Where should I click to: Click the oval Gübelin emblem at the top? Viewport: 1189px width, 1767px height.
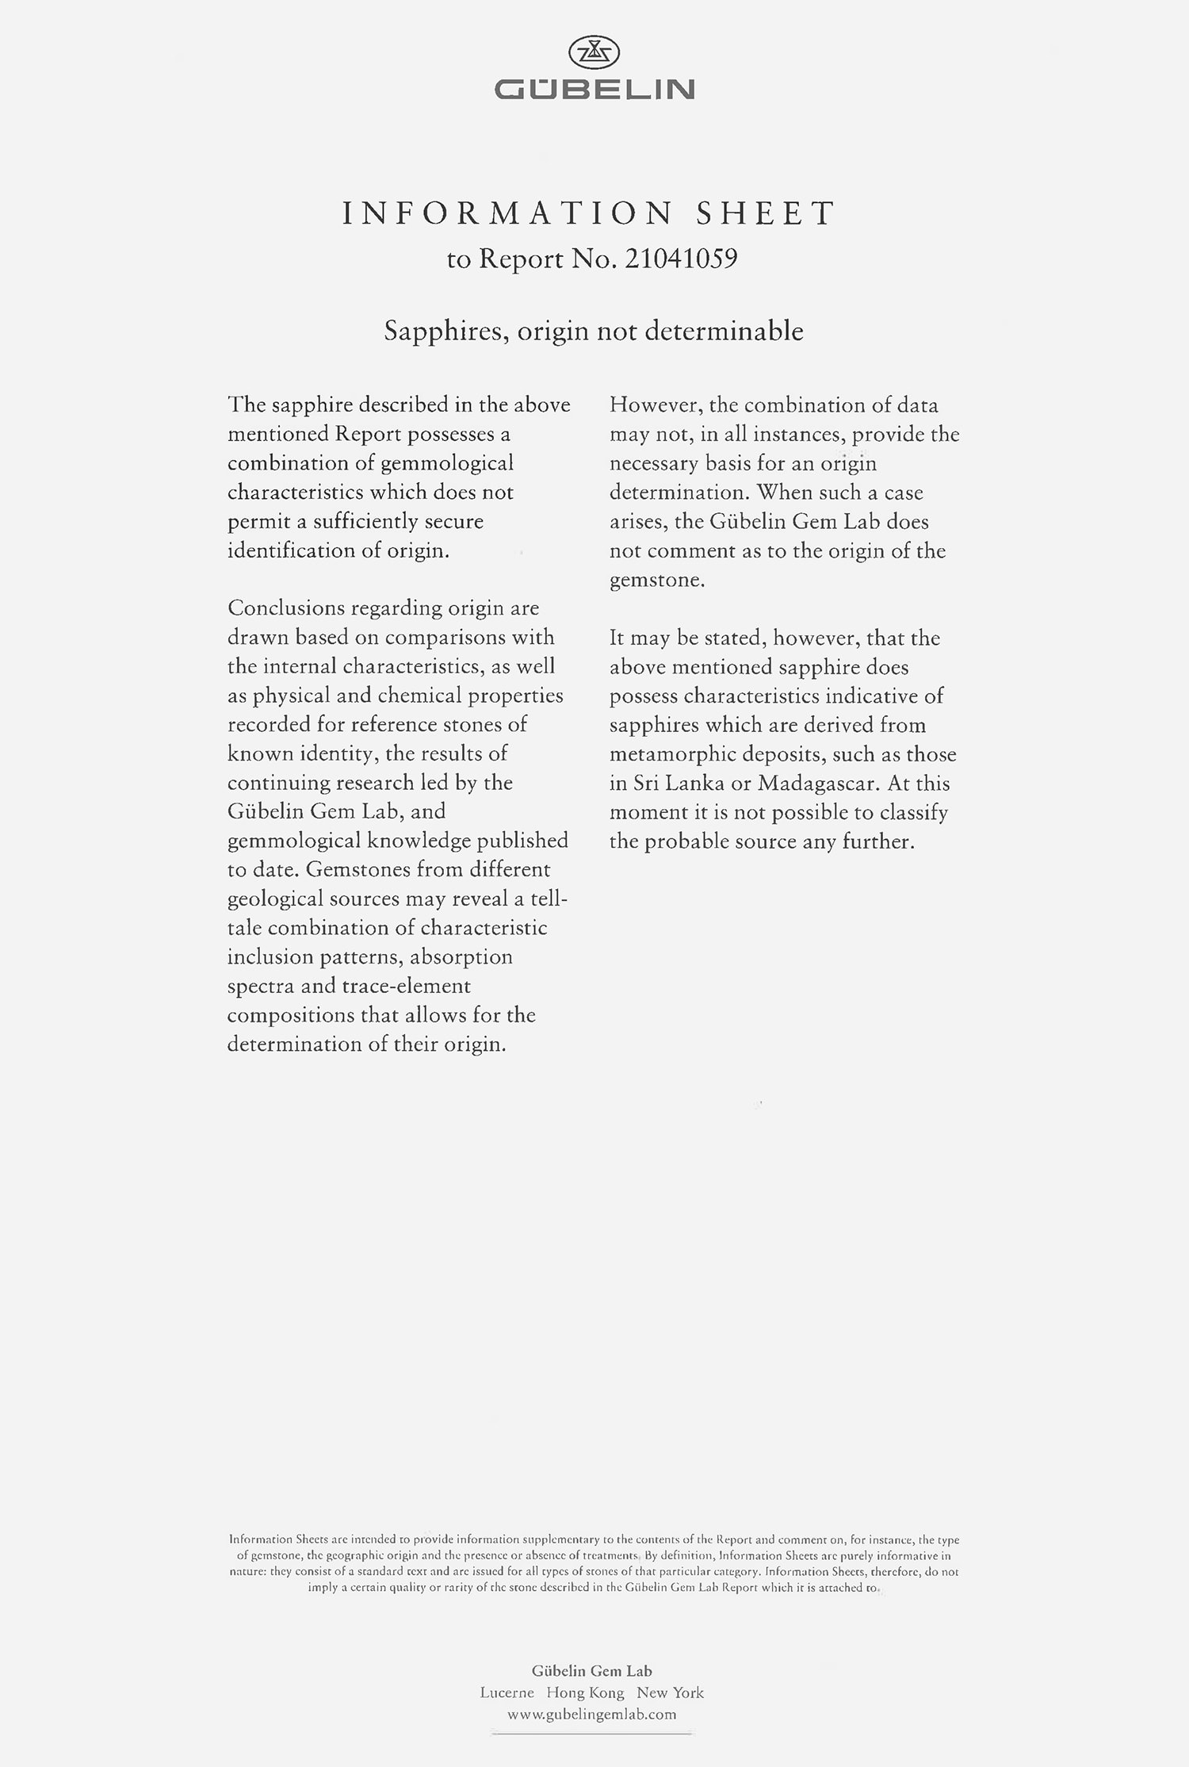click(x=594, y=53)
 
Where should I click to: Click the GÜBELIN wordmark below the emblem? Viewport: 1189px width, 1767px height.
click(x=594, y=90)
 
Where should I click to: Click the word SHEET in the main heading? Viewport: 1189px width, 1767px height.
click(x=765, y=213)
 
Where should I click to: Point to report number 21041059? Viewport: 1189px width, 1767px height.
click(x=681, y=259)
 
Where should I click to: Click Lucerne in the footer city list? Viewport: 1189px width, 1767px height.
click(x=507, y=1692)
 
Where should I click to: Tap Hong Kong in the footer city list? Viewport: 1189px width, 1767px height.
click(x=585, y=1692)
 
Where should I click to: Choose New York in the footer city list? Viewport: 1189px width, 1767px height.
click(x=670, y=1692)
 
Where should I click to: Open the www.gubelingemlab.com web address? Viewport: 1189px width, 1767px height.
click(x=592, y=1714)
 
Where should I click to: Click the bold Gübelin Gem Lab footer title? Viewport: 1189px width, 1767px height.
click(x=592, y=1671)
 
